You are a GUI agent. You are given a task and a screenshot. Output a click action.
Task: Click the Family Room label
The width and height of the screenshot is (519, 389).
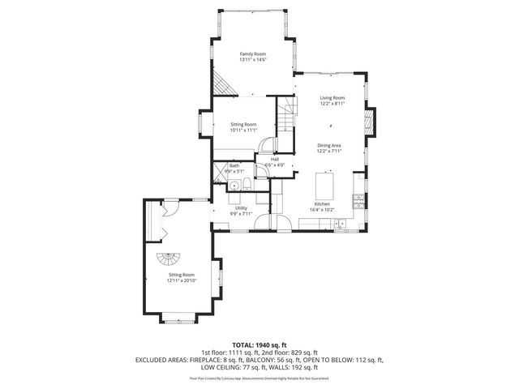253,54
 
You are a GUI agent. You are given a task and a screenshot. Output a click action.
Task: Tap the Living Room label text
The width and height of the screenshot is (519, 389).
332,97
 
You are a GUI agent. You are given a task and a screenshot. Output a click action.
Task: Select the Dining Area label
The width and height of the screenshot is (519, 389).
329,145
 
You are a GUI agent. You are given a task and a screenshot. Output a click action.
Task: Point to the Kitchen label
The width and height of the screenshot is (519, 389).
323,204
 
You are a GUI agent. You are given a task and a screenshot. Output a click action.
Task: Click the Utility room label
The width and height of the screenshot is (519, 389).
241,208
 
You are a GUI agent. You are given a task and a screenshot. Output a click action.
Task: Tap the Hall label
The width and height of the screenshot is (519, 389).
275,160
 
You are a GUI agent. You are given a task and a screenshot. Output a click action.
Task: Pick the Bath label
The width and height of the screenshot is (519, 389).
234,165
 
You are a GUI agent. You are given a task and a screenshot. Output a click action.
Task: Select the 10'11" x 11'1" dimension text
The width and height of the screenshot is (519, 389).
242,130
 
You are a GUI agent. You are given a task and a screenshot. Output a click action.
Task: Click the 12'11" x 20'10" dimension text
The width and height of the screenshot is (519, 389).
182,280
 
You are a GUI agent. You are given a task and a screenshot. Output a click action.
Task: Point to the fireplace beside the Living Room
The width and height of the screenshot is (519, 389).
369,123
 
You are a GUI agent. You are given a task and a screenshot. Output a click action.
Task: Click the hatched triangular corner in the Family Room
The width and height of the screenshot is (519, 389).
221,81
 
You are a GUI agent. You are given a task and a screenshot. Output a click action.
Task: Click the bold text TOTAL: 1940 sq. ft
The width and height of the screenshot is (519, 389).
259,344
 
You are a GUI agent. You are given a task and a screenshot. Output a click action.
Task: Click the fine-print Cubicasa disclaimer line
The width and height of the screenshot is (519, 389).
259,378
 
